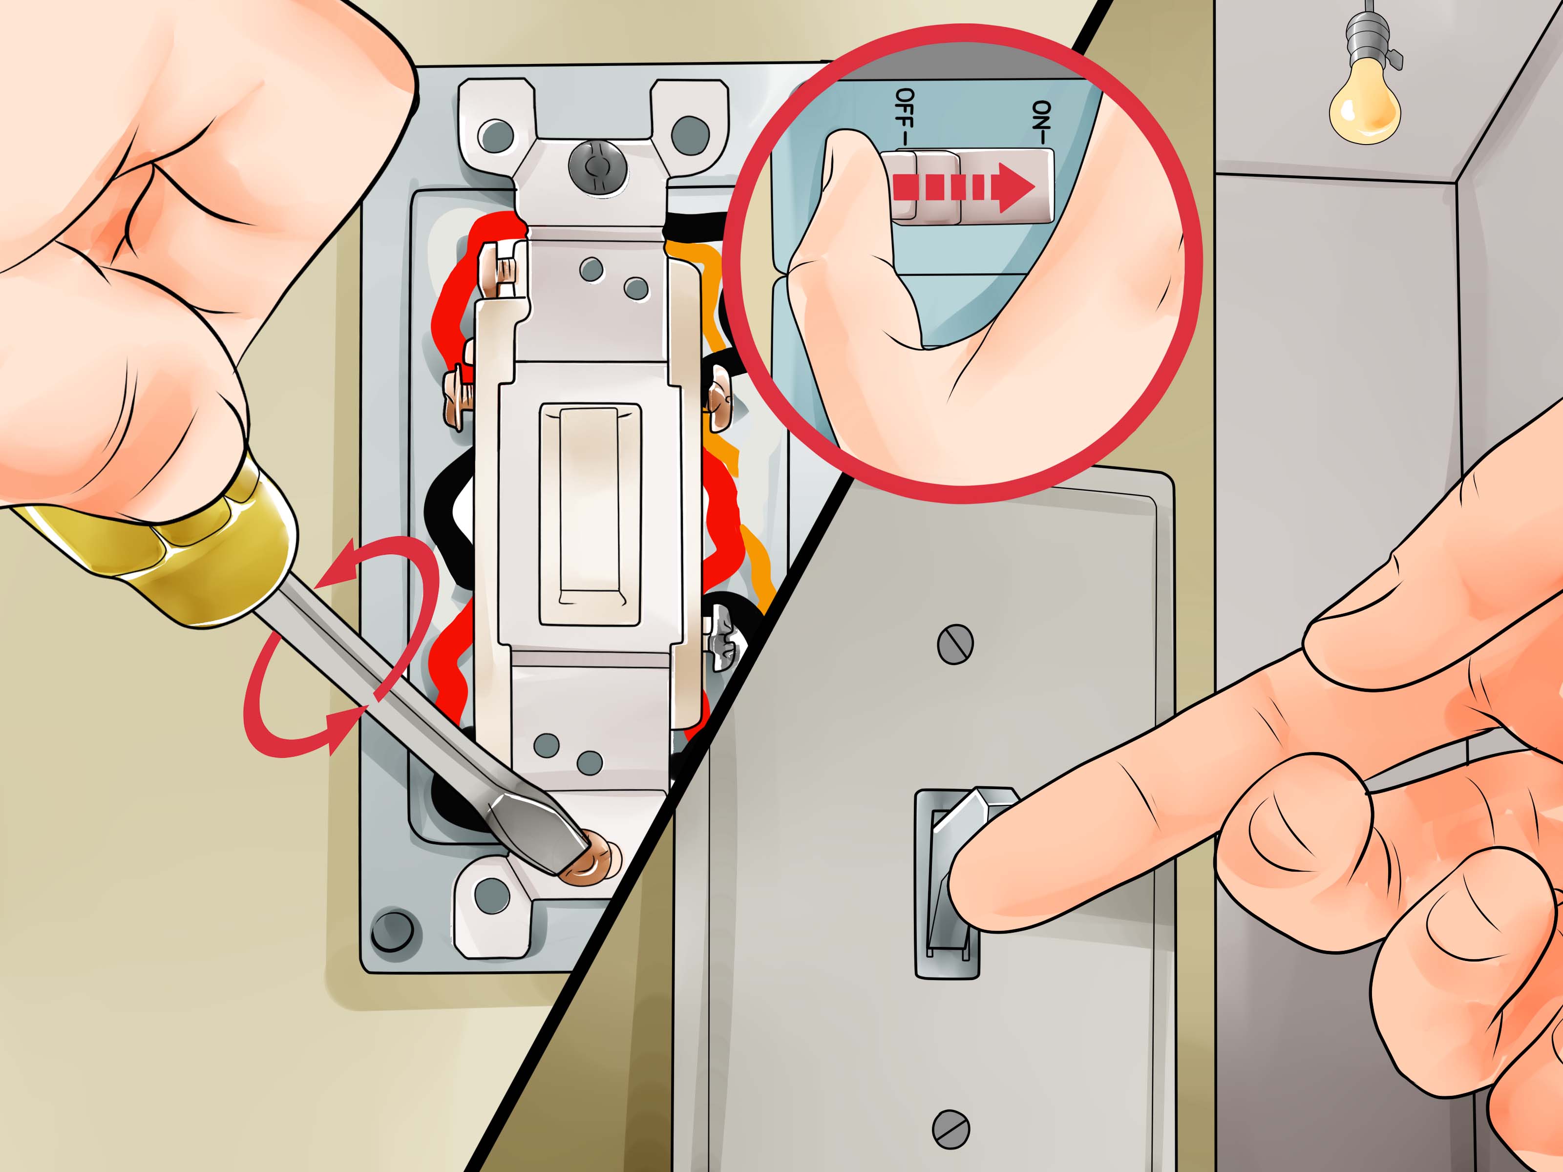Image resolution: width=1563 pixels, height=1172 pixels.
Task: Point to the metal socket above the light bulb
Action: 1367,42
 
